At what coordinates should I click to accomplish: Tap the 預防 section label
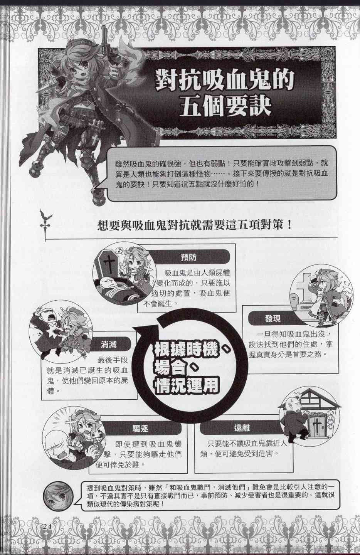(188, 257)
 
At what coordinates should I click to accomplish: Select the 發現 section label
(273, 318)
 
